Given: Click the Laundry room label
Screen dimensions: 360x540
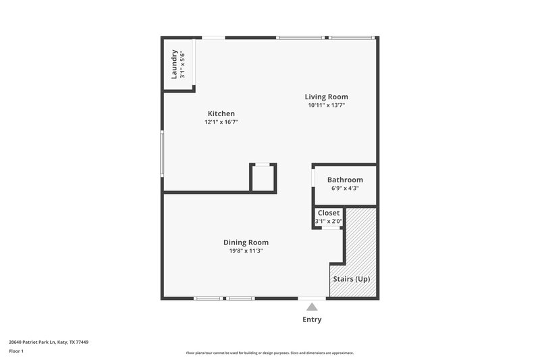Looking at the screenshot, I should pos(174,64).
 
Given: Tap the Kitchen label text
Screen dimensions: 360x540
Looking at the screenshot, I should pos(221,113).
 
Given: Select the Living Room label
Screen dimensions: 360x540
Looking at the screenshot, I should pos(327,97).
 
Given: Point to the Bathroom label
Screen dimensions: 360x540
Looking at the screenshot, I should pos(345,180).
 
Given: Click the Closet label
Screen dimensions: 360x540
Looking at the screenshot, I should pos(329,213).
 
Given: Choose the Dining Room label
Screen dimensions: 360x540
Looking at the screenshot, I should pos(246,242).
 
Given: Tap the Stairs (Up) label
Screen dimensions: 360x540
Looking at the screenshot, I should pos(351,279).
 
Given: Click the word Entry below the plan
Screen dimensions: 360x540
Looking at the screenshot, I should pos(312,319).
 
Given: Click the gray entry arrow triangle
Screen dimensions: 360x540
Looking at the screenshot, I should pos(312,307).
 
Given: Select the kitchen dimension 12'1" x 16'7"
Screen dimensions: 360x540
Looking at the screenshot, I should pos(221,122).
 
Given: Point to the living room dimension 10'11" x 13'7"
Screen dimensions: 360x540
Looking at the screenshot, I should pos(327,105).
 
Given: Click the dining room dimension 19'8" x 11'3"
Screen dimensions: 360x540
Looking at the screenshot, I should pos(246,251).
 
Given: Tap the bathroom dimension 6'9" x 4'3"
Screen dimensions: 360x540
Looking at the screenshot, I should pos(345,188).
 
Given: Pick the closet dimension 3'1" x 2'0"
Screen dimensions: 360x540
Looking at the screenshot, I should pos(329,221).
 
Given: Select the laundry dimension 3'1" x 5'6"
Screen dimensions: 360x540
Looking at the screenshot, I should pos(182,64).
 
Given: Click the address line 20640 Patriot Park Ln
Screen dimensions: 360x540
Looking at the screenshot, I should pos(49,342).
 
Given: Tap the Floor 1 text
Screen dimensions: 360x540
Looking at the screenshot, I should pos(16,352).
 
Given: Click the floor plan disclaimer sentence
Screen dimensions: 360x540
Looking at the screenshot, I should pos(269,353).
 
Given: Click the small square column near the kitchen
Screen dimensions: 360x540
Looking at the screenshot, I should pos(263,178).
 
